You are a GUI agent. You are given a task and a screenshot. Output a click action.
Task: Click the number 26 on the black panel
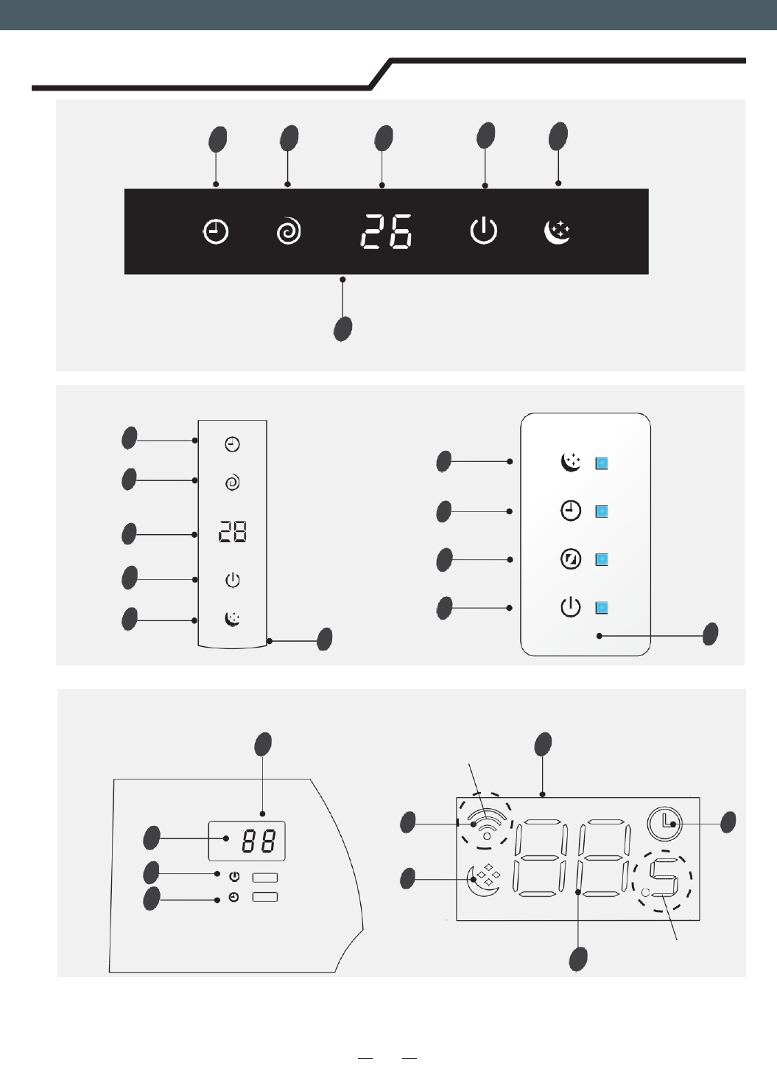pyautogui.click(x=386, y=231)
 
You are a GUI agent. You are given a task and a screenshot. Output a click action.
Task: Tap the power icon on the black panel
pyautogui.click(x=484, y=231)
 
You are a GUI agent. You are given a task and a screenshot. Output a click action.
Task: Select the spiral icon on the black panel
pyautogui.click(x=289, y=232)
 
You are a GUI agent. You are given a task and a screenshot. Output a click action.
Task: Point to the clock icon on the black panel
pyautogui.click(x=216, y=232)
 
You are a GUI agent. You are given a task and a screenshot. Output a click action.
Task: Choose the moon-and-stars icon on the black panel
pyautogui.click(x=558, y=231)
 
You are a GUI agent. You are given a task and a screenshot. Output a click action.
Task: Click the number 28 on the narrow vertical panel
pyautogui.click(x=232, y=532)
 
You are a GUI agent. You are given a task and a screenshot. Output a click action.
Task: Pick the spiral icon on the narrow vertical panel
pyautogui.click(x=232, y=483)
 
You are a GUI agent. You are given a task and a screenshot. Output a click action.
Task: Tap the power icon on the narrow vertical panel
pyautogui.click(x=232, y=581)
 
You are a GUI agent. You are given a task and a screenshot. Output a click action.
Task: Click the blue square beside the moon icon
pyautogui.click(x=602, y=463)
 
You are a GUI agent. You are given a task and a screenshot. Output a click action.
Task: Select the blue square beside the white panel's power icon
pyautogui.click(x=602, y=608)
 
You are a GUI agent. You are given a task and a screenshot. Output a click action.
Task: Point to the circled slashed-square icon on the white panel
pyautogui.click(x=571, y=559)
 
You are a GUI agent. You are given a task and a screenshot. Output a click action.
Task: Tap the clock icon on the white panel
pyautogui.click(x=571, y=511)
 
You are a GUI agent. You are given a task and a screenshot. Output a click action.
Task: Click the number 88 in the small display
pyautogui.click(x=259, y=841)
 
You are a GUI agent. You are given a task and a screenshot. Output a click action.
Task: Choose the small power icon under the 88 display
pyautogui.click(x=234, y=877)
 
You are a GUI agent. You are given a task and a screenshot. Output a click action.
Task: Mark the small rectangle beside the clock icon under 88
pyautogui.click(x=265, y=897)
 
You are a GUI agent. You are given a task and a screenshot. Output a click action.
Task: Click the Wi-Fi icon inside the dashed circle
pyautogui.click(x=486, y=823)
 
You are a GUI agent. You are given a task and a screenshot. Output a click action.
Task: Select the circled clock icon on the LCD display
pyautogui.click(x=665, y=823)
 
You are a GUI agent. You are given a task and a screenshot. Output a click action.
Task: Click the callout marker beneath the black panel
pyautogui.click(x=342, y=329)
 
